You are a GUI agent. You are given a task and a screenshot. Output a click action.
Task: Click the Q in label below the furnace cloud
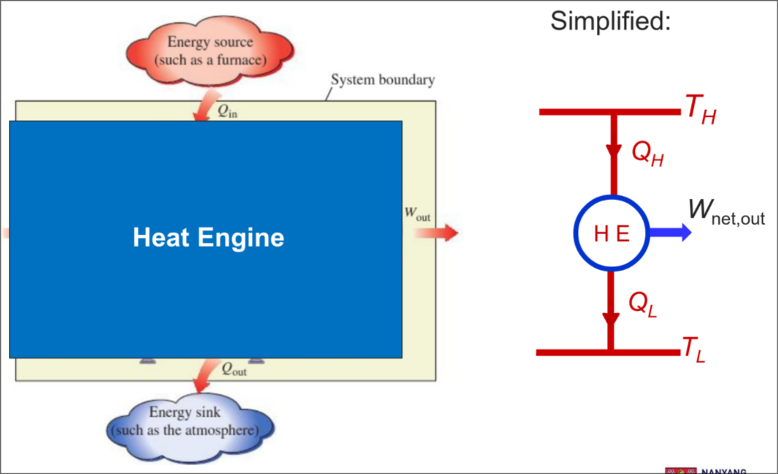pyautogui.click(x=227, y=113)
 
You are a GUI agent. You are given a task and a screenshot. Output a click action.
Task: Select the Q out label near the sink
pyautogui.click(x=234, y=370)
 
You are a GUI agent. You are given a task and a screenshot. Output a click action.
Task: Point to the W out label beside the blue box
pyautogui.click(x=417, y=214)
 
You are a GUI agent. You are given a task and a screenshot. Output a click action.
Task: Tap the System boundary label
pyautogui.click(x=383, y=80)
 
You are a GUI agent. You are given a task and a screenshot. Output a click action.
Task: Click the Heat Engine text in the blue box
pyautogui.click(x=208, y=237)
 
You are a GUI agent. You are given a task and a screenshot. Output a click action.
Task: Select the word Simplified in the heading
pyautogui.click(x=610, y=21)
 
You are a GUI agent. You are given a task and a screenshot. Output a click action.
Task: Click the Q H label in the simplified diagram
pyautogui.click(x=647, y=154)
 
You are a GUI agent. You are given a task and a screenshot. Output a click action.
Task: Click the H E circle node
pyautogui.click(x=612, y=233)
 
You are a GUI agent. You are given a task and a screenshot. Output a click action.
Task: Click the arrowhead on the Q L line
pyautogui.click(x=611, y=318)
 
